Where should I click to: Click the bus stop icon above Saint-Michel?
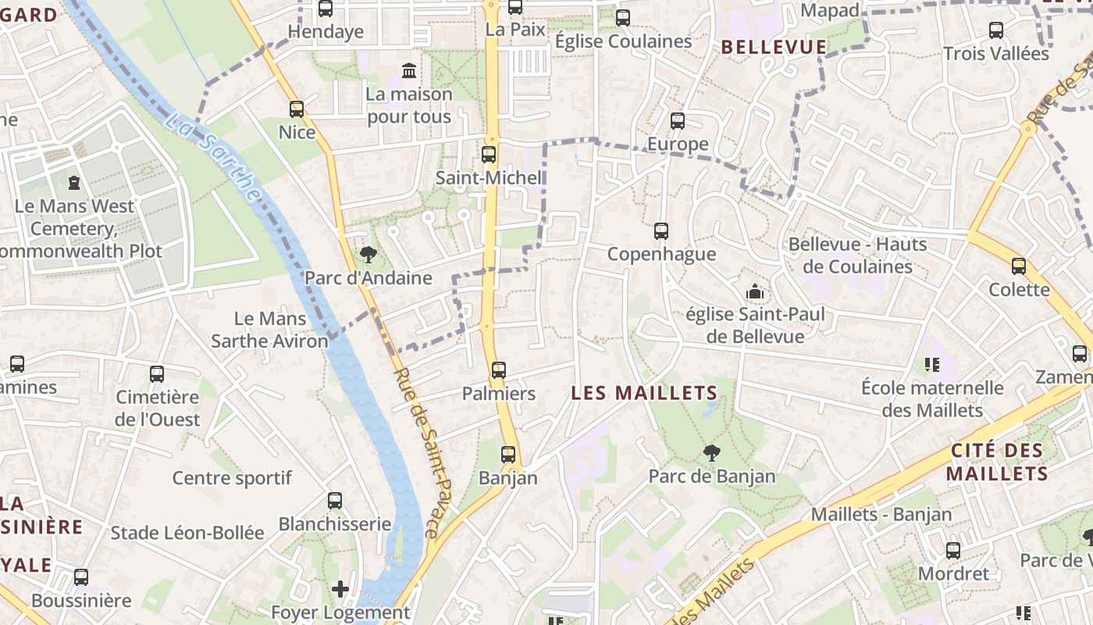click(489, 155)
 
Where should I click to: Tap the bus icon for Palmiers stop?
click(499, 370)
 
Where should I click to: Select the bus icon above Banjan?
click(508, 454)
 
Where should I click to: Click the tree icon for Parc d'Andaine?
click(368, 254)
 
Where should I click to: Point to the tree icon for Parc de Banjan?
click(711, 452)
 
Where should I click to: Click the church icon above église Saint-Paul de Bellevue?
click(755, 292)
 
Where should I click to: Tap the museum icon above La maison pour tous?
click(408, 71)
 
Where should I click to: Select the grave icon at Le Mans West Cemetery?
click(74, 183)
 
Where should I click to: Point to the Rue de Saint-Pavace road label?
click(425, 453)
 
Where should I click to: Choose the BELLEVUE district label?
click(774, 47)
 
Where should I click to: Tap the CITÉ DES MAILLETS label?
click(997, 462)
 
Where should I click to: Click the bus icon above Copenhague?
click(661, 230)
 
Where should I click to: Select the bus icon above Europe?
click(678, 121)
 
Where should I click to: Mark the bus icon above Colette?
click(1019, 266)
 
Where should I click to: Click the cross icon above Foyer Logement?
click(340, 588)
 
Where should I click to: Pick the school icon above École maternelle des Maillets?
click(931, 364)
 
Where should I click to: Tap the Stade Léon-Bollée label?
click(187, 533)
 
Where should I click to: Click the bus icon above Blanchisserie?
click(335, 501)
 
